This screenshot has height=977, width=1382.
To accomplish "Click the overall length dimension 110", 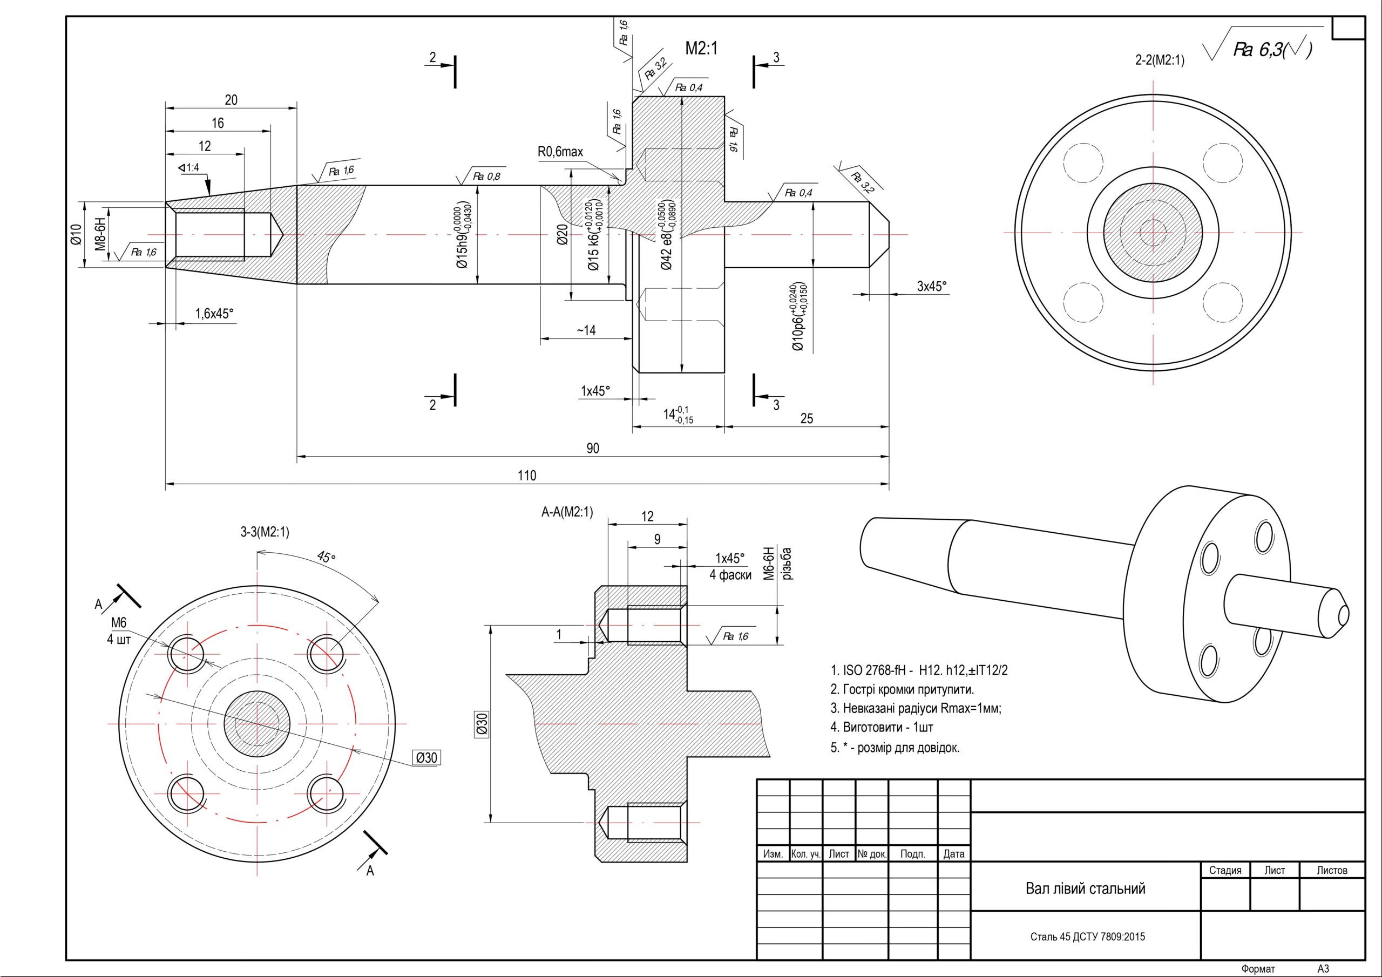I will tap(527, 476).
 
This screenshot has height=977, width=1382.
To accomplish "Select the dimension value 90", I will tap(593, 449).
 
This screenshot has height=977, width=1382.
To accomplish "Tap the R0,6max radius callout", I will tap(560, 152).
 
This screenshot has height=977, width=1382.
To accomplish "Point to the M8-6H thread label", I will tap(100, 234).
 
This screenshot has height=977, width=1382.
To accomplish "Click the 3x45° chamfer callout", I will tap(932, 287).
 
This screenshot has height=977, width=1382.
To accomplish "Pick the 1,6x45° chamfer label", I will tap(214, 314).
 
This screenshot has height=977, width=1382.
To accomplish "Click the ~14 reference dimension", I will tap(586, 330).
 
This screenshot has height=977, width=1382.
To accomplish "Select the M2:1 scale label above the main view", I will tap(701, 49).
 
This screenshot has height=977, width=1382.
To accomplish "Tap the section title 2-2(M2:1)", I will tap(1159, 60).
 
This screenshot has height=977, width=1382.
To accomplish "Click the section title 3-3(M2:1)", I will tap(265, 532).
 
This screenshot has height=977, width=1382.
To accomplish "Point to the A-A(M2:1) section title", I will tap(567, 512).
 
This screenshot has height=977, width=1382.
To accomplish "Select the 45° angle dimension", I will tap(326, 558).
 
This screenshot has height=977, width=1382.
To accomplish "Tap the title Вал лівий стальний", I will tap(1085, 888).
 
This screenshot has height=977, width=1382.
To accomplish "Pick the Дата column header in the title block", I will tap(953, 853).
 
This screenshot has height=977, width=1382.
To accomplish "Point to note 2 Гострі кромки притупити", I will tap(902, 689).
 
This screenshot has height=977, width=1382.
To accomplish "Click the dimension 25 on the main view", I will tap(807, 419).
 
